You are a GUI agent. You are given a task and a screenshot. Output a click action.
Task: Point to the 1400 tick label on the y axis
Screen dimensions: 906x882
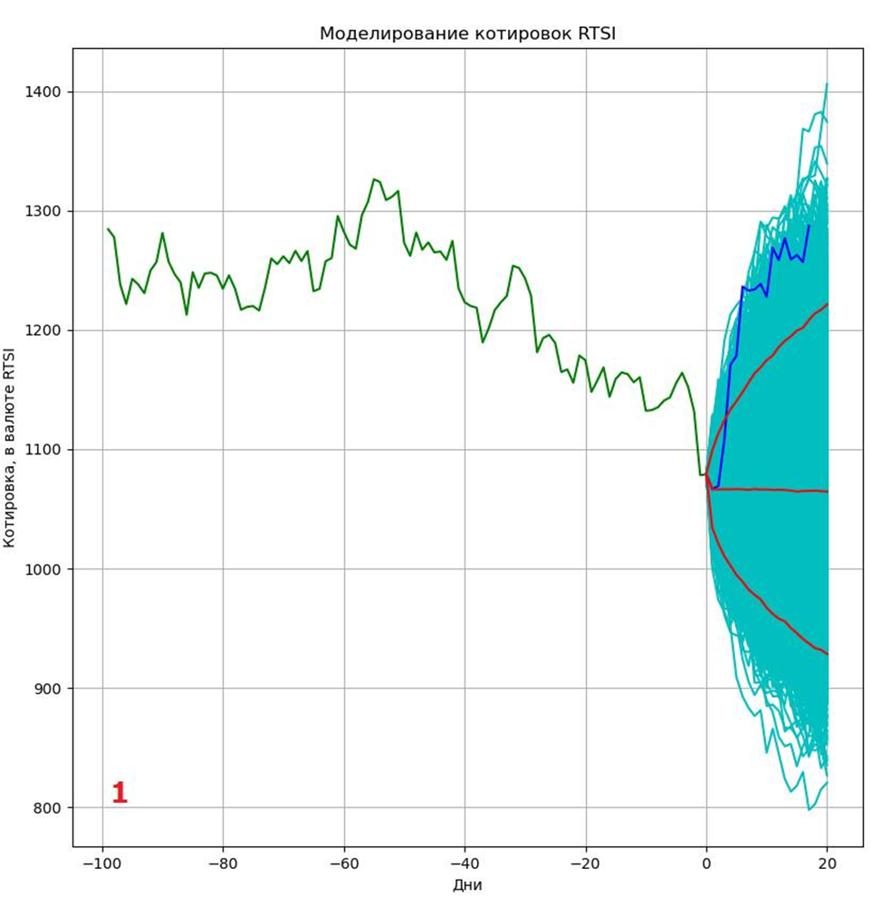click(43, 92)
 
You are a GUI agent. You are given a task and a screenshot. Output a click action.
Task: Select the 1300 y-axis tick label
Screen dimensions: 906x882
click(43, 212)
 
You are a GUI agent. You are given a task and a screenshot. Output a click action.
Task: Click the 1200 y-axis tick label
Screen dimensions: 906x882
click(43, 331)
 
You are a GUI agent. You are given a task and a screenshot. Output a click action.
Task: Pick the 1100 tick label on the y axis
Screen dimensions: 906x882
click(43, 450)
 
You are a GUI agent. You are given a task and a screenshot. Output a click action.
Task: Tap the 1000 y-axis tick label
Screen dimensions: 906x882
click(43, 569)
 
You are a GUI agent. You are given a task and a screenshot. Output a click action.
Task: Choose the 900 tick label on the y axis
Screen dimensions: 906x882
click(47, 689)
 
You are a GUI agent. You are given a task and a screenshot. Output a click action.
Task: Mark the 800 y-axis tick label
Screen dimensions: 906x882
click(47, 808)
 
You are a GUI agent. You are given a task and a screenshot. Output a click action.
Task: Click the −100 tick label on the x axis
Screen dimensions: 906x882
click(101, 863)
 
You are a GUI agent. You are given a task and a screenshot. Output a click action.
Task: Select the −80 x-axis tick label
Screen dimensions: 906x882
click(223, 863)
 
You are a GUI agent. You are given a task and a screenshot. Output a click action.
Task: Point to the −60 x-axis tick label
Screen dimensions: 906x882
click(343, 863)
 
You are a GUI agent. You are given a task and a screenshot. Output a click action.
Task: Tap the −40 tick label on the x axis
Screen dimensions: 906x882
click(465, 863)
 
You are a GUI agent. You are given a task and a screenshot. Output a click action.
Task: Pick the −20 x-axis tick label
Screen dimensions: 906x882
click(585, 863)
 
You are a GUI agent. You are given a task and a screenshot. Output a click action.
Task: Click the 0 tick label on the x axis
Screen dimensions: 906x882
click(706, 863)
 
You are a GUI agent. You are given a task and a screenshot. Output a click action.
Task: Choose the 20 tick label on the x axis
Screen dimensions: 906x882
click(827, 863)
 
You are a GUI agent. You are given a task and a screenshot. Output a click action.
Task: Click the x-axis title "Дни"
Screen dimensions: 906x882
click(467, 884)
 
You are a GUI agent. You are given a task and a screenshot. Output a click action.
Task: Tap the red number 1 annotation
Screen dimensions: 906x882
click(119, 794)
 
